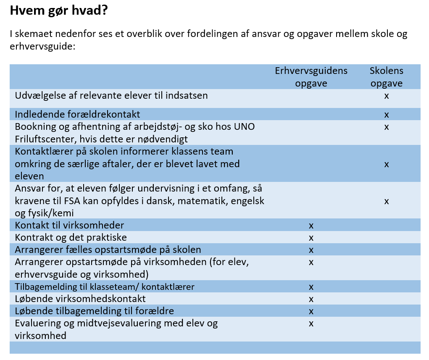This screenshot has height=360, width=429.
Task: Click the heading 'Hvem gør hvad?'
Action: pos(59,11)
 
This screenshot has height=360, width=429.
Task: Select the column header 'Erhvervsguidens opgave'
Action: pos(311,76)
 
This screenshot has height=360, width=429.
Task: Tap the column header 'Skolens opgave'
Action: pos(386,76)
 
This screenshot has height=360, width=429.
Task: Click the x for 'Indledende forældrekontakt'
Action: pos(387,115)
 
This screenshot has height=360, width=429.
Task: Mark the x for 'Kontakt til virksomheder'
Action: pos(311,226)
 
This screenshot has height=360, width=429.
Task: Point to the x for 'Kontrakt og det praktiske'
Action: pos(311,238)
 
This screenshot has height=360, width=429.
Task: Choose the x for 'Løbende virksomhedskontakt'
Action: pos(311,299)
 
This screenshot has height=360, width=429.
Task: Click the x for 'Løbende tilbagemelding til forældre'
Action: pos(311,311)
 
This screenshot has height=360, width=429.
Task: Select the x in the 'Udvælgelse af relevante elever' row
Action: pos(387,96)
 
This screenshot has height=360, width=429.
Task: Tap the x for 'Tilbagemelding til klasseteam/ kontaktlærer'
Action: pos(311,287)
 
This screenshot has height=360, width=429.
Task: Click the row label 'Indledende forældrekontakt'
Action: pos(78,114)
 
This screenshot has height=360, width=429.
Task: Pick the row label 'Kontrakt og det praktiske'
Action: pos(71,237)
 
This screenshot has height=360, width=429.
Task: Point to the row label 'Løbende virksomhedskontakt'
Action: pos(80,299)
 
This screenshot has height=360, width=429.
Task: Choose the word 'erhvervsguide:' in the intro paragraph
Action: pos(42,46)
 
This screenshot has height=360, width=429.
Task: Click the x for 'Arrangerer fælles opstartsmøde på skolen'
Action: pos(311,250)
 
